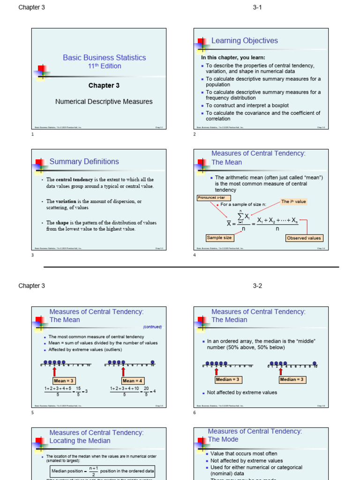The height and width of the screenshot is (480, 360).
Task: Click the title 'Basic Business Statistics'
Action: point(104,58)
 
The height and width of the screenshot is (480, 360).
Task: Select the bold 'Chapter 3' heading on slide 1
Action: point(104,85)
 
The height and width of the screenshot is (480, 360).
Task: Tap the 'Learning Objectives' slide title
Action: point(244,41)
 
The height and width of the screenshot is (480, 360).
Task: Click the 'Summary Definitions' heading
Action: point(84,162)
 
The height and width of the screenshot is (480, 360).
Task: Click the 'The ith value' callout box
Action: point(293,202)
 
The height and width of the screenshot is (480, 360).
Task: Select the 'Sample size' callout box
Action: point(219,238)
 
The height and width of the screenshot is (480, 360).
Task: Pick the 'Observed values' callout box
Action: point(304,238)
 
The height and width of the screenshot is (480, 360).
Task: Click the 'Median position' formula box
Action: point(102,471)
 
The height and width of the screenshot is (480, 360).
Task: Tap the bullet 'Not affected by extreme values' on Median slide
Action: point(242,392)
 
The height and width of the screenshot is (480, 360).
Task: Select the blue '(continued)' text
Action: point(152,327)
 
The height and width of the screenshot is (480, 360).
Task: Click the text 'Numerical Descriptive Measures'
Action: point(104,101)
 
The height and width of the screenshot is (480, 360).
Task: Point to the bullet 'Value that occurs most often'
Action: point(244,453)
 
